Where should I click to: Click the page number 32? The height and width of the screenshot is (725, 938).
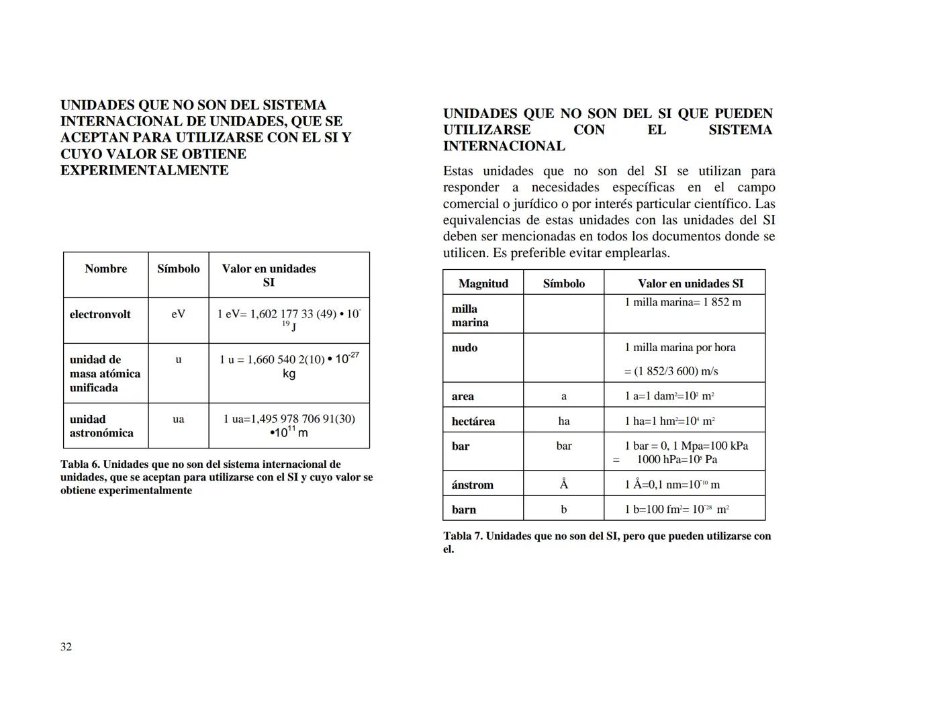(x=66, y=646)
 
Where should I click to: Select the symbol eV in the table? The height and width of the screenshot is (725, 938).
(x=178, y=313)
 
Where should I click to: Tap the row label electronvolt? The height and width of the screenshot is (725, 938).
(x=100, y=314)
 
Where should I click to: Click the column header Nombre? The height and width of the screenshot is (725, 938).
(x=105, y=269)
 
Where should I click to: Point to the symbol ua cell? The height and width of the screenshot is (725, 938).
(x=178, y=419)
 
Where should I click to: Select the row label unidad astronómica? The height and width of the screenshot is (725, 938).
(x=101, y=426)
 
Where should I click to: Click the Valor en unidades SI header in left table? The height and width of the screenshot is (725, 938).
(x=269, y=275)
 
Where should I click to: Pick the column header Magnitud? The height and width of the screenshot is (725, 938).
(x=483, y=283)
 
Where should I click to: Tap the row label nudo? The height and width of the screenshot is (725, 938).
(x=464, y=348)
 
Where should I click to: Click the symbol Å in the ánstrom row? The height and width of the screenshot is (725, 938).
(x=563, y=484)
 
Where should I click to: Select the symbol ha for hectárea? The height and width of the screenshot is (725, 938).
(x=563, y=421)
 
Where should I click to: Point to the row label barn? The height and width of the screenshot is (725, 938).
(x=463, y=510)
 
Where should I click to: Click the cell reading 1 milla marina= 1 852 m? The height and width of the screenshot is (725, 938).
(x=683, y=302)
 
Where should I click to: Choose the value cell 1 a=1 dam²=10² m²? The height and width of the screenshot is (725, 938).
(x=669, y=396)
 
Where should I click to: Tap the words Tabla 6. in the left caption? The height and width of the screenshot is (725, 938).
(x=80, y=464)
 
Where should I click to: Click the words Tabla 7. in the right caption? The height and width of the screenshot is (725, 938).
(x=463, y=536)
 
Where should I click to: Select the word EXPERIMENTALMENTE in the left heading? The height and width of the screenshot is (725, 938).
(x=144, y=170)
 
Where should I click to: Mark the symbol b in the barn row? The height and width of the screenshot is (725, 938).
(x=563, y=510)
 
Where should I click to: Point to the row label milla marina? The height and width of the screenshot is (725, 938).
(x=469, y=316)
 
